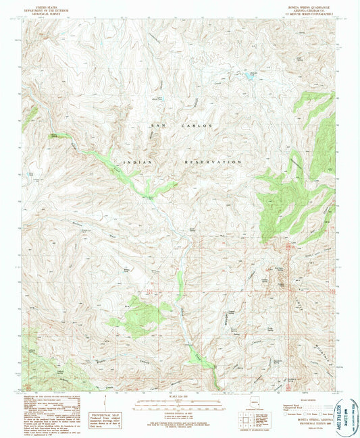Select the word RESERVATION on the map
click(x=212, y=163)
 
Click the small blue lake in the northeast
click(x=249, y=78)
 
